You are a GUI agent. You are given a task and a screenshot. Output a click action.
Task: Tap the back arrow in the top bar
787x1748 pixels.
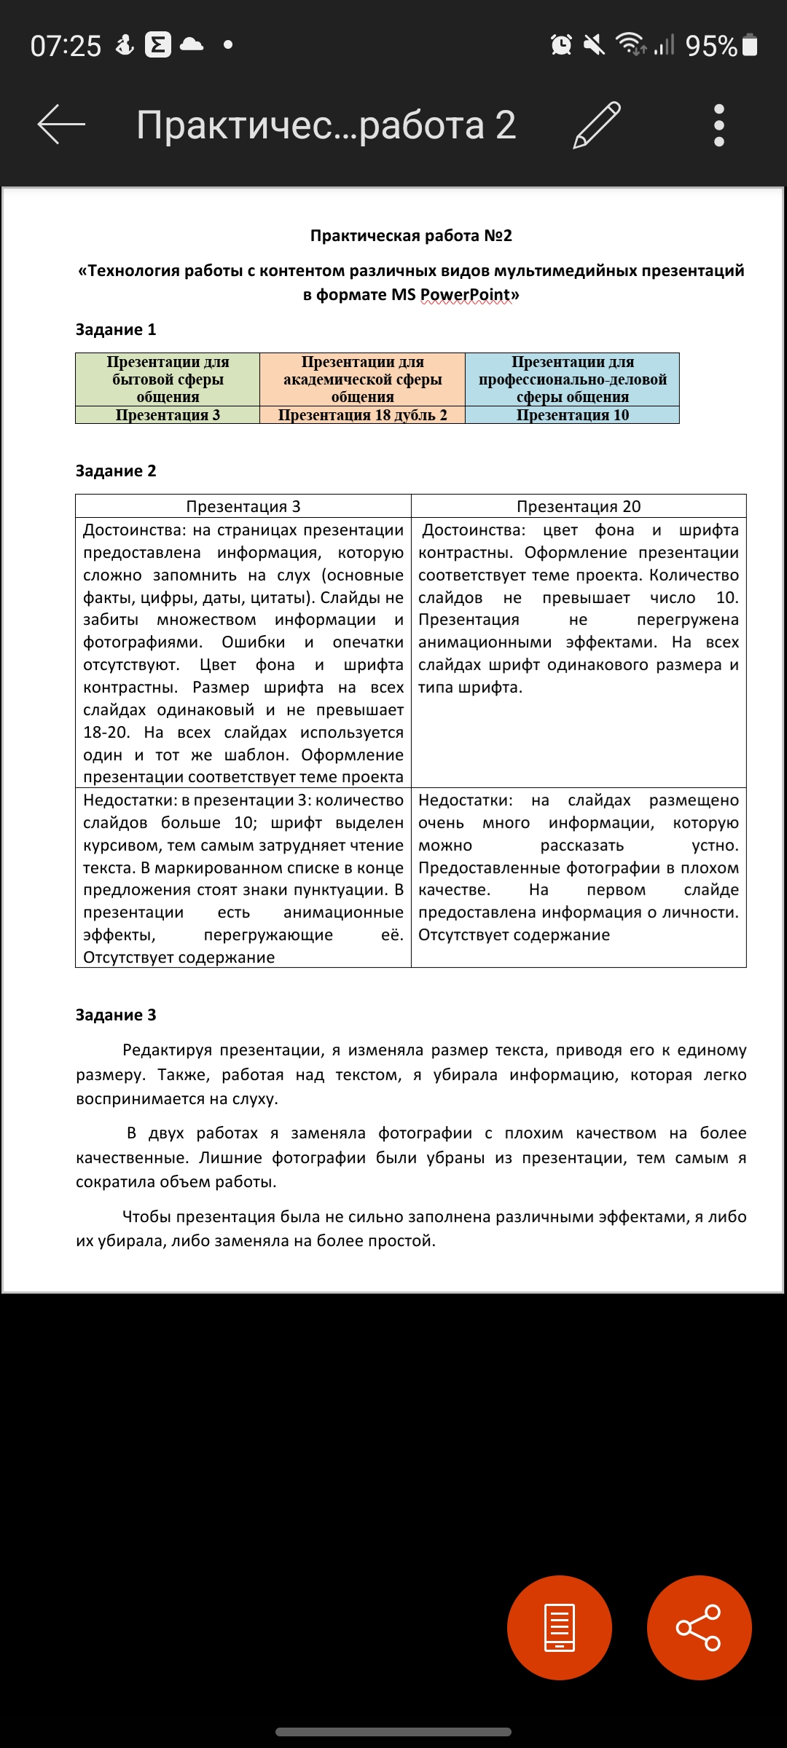coord(61,125)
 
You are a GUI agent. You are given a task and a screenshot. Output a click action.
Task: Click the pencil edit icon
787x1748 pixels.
coord(597,125)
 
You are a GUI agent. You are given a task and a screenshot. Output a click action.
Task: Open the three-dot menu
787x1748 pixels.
coord(719,125)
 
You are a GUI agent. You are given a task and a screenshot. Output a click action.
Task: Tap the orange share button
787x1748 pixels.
coord(699,1627)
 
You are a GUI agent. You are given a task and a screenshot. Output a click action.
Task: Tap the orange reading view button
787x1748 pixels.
coord(560,1627)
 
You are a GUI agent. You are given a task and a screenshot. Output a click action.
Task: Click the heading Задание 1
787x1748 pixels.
coord(116,330)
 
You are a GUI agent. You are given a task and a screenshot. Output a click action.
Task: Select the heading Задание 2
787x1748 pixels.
coord(116,471)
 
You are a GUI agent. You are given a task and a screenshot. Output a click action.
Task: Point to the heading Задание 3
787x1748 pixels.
coord(116,1015)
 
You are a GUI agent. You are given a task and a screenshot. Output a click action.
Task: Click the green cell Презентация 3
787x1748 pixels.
coord(168,415)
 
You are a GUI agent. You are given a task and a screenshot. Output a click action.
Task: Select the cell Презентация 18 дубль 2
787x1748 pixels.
coord(362,415)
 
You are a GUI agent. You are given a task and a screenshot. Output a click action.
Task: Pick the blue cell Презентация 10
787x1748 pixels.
coord(572,415)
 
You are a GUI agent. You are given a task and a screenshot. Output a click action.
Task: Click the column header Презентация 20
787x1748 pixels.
coord(579,506)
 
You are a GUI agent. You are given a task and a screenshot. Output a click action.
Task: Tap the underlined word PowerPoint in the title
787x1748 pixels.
coord(465,295)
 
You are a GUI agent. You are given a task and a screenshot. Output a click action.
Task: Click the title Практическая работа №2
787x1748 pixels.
coord(411,236)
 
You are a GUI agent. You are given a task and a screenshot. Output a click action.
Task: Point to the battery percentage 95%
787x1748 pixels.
coord(711,47)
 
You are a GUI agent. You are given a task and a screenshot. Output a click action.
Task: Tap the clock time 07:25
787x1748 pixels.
coord(66,47)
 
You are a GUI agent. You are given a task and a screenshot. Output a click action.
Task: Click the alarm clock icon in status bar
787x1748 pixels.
coord(561,45)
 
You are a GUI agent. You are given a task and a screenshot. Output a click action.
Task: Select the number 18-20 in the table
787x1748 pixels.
coord(106,733)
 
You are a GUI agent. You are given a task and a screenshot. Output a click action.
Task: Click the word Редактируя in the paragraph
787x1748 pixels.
coord(167,1050)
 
